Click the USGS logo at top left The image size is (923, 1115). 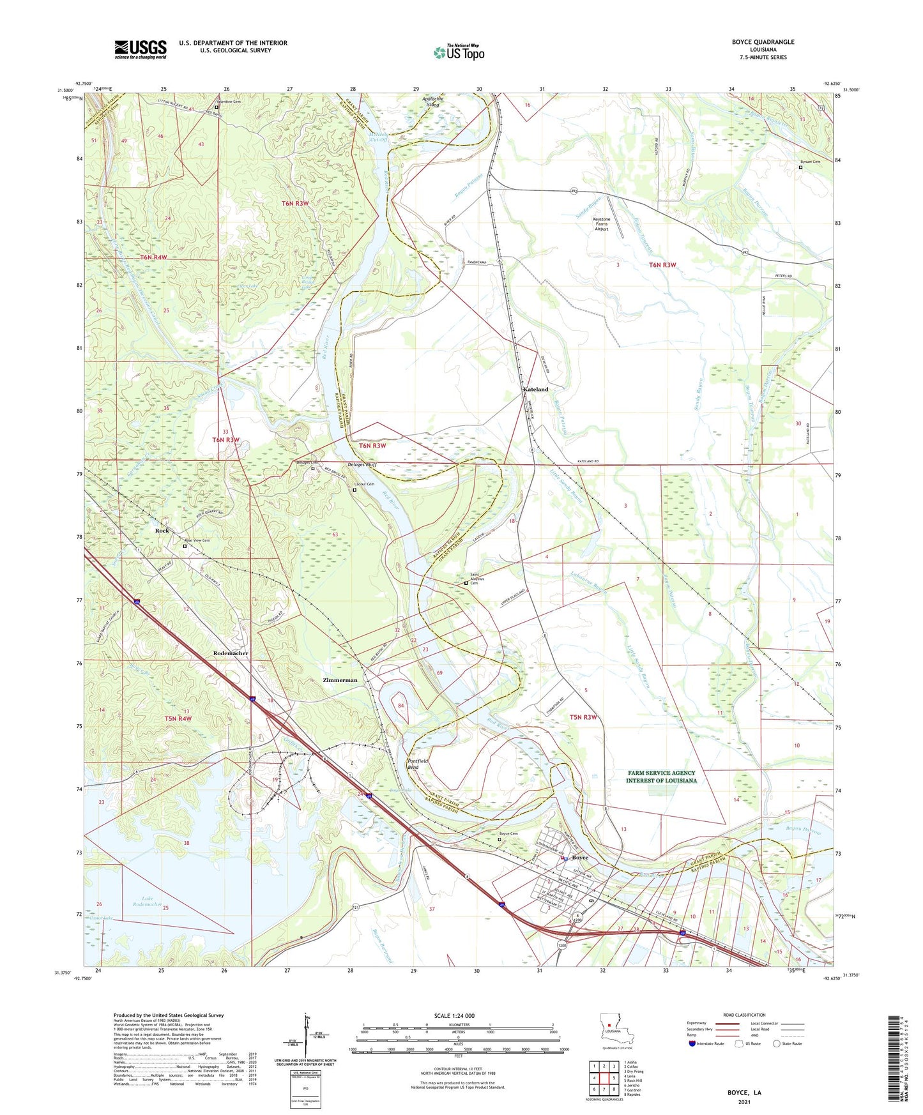[x=141, y=49]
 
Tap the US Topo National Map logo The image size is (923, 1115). [x=458, y=52]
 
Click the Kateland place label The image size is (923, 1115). [x=535, y=389]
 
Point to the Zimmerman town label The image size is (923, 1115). [x=340, y=680]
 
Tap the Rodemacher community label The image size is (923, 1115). [x=231, y=653]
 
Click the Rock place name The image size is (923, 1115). [x=162, y=531]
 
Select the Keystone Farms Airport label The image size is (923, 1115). [x=602, y=224]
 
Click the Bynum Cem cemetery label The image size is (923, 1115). [x=810, y=162]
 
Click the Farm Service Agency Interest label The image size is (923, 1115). [x=661, y=777]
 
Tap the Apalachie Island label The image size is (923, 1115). [x=432, y=102]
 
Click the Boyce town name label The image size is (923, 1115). [x=579, y=858]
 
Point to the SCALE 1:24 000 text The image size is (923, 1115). [x=454, y=1016]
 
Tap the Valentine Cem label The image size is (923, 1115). [x=227, y=102]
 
